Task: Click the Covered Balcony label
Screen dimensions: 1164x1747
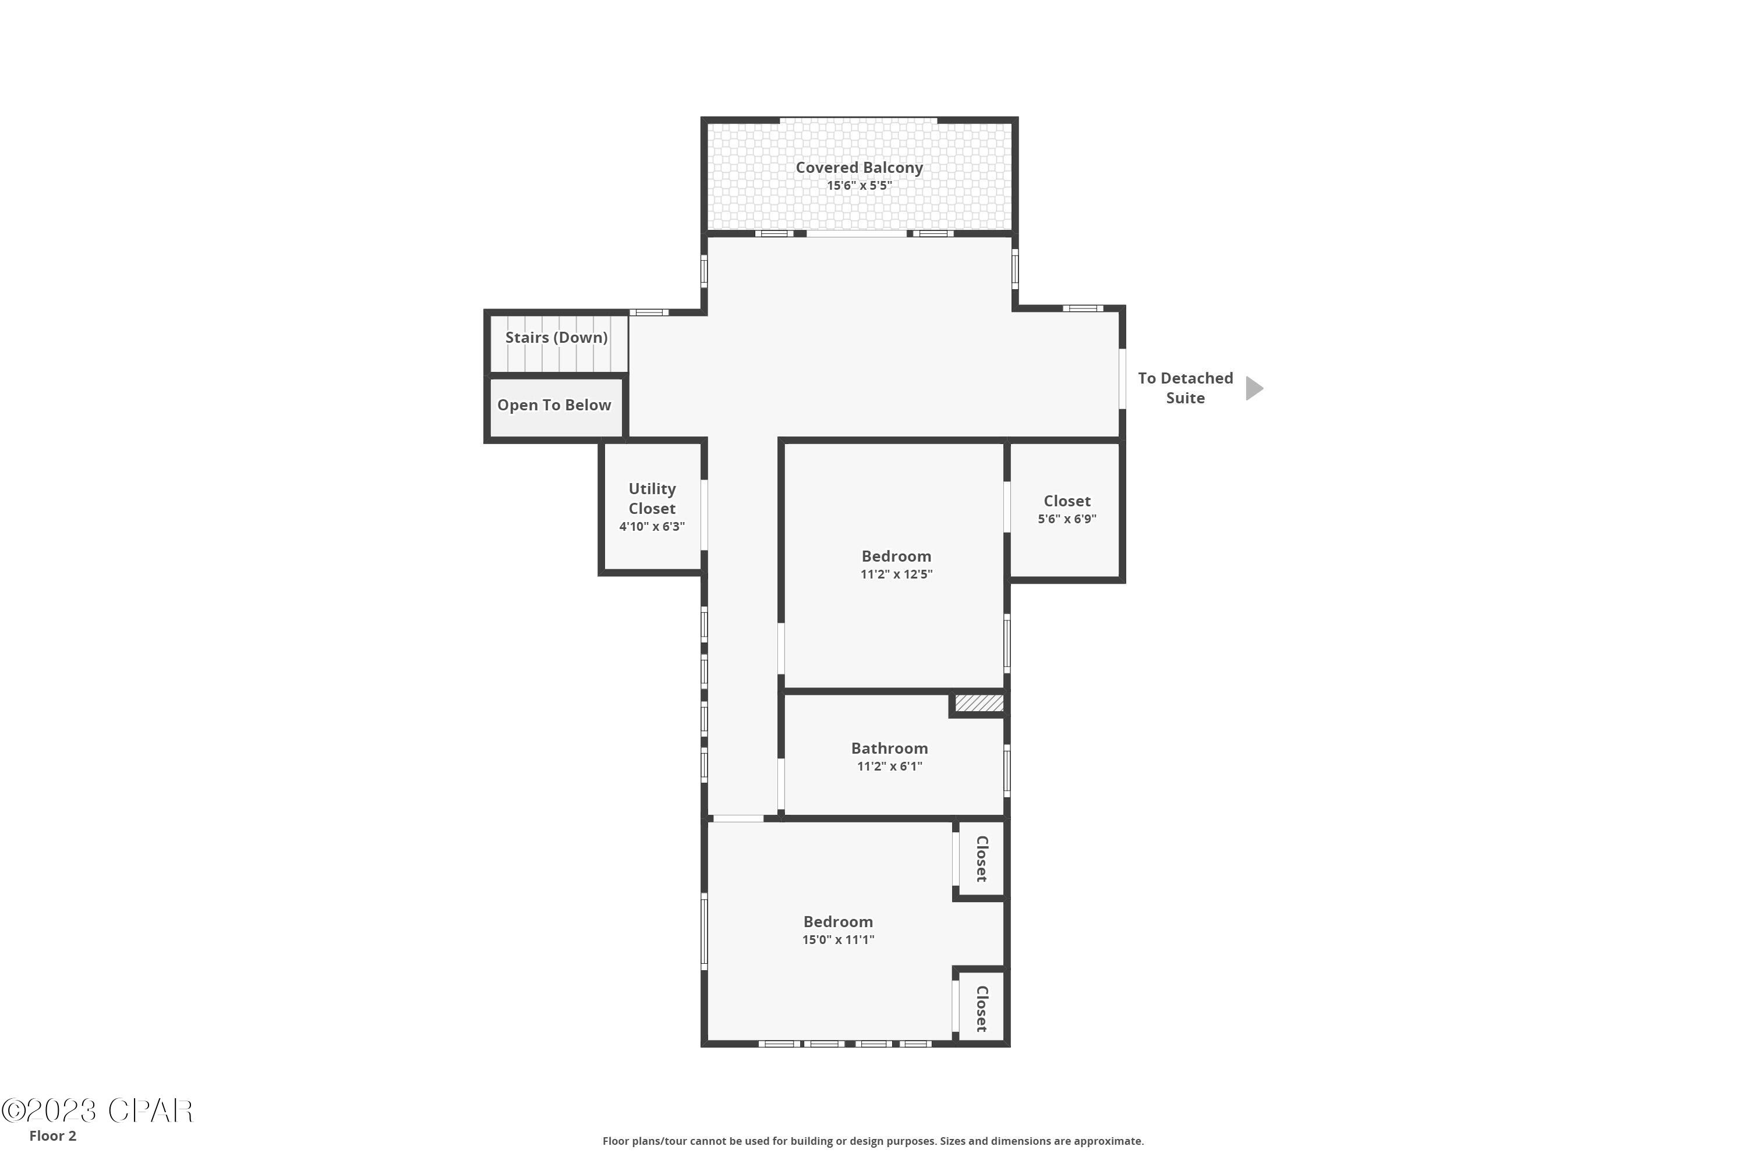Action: coord(860,168)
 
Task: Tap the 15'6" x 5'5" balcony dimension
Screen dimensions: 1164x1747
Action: coord(860,186)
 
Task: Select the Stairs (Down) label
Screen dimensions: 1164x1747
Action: coord(556,338)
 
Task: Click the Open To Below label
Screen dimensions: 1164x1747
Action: coord(554,405)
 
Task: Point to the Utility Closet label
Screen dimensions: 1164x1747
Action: coord(652,499)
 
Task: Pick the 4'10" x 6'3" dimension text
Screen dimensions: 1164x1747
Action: coord(652,526)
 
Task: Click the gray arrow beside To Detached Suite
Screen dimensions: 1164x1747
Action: coord(1254,388)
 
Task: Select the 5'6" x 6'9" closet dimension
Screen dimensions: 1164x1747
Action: coord(1067,519)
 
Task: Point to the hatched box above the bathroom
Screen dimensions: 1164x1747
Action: coord(979,703)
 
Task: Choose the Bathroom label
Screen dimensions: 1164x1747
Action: coord(889,748)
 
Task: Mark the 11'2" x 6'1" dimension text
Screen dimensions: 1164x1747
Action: coord(889,766)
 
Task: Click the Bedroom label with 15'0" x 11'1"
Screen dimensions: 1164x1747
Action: coord(838,922)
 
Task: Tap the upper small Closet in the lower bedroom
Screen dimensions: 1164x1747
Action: coord(981,859)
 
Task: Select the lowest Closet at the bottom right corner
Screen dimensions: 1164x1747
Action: coord(981,1009)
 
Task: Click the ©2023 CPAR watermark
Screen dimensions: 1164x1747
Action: coord(97,1111)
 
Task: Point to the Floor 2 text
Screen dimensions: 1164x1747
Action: coord(53,1136)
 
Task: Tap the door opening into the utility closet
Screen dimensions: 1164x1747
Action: coord(704,514)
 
